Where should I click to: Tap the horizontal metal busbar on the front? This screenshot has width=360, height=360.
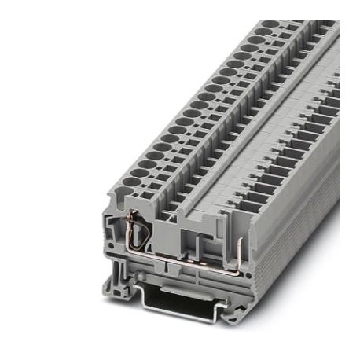click(x=177, y=255)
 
